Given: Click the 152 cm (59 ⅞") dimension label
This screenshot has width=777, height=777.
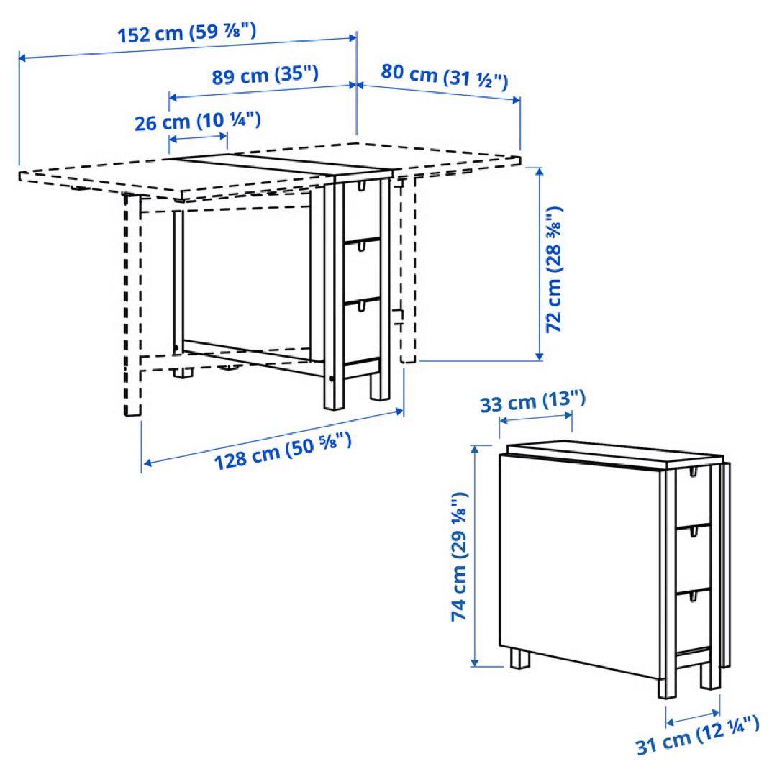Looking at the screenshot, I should pyautogui.click(x=186, y=34).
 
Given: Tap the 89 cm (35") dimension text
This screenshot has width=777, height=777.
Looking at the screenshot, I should pyautogui.click(x=265, y=75).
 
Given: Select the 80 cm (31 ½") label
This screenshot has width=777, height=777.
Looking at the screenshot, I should pyautogui.click(x=444, y=76).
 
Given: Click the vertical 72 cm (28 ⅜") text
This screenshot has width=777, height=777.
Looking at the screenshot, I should pyautogui.click(x=554, y=269).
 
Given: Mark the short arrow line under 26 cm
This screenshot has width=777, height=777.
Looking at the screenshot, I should pyautogui.click(x=198, y=137).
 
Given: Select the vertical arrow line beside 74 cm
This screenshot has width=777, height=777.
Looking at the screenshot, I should pyautogui.click(x=475, y=556).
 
